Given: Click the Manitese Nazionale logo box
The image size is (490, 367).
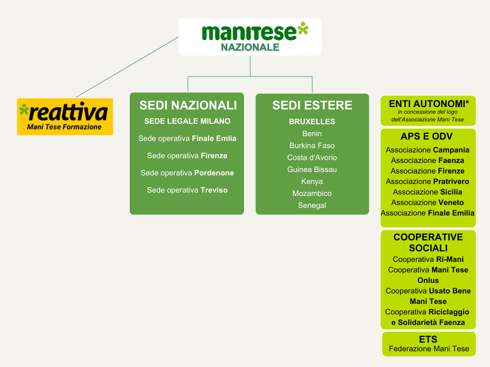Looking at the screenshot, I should [250, 37].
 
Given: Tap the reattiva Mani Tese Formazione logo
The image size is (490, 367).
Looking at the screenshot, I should [65, 116].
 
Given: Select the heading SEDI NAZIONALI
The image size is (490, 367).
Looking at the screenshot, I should [188, 105].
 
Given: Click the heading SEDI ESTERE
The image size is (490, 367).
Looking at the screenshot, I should [312, 105].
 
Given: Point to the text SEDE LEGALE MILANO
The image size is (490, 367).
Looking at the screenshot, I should [188, 121].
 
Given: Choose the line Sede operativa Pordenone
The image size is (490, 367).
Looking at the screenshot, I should [188, 173].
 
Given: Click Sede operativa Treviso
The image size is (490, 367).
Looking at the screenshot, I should [188, 190].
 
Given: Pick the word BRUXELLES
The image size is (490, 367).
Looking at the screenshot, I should [312, 121].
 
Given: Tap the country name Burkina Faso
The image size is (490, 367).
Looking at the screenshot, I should [312, 145].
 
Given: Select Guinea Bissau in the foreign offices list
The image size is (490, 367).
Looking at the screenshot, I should [312, 169].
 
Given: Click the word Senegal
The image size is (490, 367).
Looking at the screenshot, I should [312, 205].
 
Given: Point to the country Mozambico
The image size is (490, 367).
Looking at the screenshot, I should [312, 193].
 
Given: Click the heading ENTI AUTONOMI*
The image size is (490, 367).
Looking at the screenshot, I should [428, 104].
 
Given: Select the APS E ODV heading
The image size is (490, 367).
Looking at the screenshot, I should [427, 137].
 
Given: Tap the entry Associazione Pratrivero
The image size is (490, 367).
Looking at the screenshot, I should [428, 181].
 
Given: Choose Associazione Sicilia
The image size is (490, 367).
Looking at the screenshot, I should [428, 192].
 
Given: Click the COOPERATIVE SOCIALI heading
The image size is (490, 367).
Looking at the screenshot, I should [428, 243].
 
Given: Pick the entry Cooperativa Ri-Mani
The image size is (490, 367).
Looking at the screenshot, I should [428, 259].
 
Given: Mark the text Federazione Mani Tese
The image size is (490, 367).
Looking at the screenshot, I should [429, 348].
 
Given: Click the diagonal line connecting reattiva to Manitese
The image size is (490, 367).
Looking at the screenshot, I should [127, 67].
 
